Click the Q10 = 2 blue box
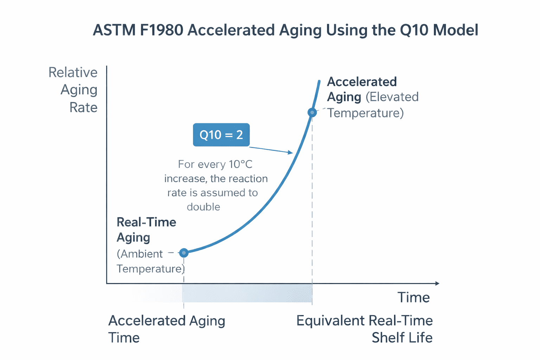[221, 135]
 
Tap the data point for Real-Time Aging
[184, 252]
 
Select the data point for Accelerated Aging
[312, 112]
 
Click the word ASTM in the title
[114, 30]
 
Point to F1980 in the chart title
[162, 30]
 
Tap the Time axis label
[413, 298]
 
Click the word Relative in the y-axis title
[73, 72]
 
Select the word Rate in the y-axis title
[83, 108]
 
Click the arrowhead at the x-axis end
[437, 283]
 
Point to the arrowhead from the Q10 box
[290, 152]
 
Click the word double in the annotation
[203, 207]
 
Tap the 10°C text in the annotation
[240, 165]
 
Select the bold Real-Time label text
[146, 222]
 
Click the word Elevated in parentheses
[393, 97]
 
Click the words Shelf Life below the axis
[402, 338]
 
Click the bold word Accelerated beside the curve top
[362, 82]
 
